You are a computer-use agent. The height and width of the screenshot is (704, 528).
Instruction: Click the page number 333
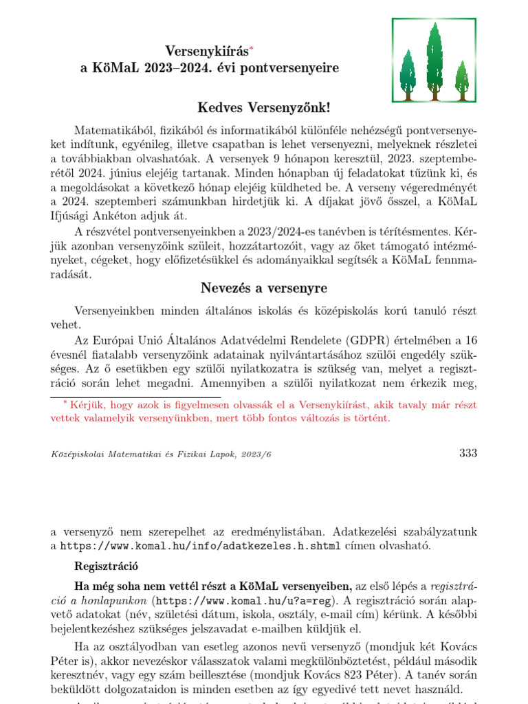pos(467,453)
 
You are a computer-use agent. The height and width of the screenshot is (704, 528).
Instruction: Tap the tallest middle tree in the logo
pos(434,58)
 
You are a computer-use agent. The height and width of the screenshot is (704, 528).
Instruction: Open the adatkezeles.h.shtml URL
pos(200,547)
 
